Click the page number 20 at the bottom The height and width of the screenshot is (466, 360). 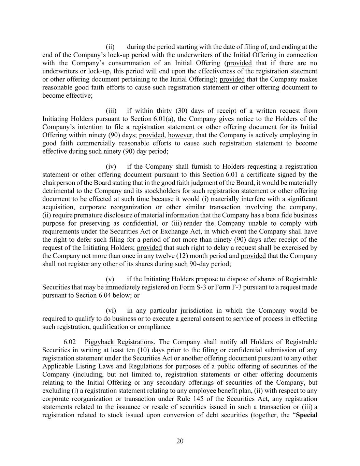180,441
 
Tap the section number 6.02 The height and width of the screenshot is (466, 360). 70,342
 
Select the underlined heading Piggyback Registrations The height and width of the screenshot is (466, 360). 119,342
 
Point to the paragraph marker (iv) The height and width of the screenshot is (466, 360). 111,166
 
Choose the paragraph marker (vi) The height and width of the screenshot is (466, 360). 111,310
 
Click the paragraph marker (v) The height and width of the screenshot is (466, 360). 110,279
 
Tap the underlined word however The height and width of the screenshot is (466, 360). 181,135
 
